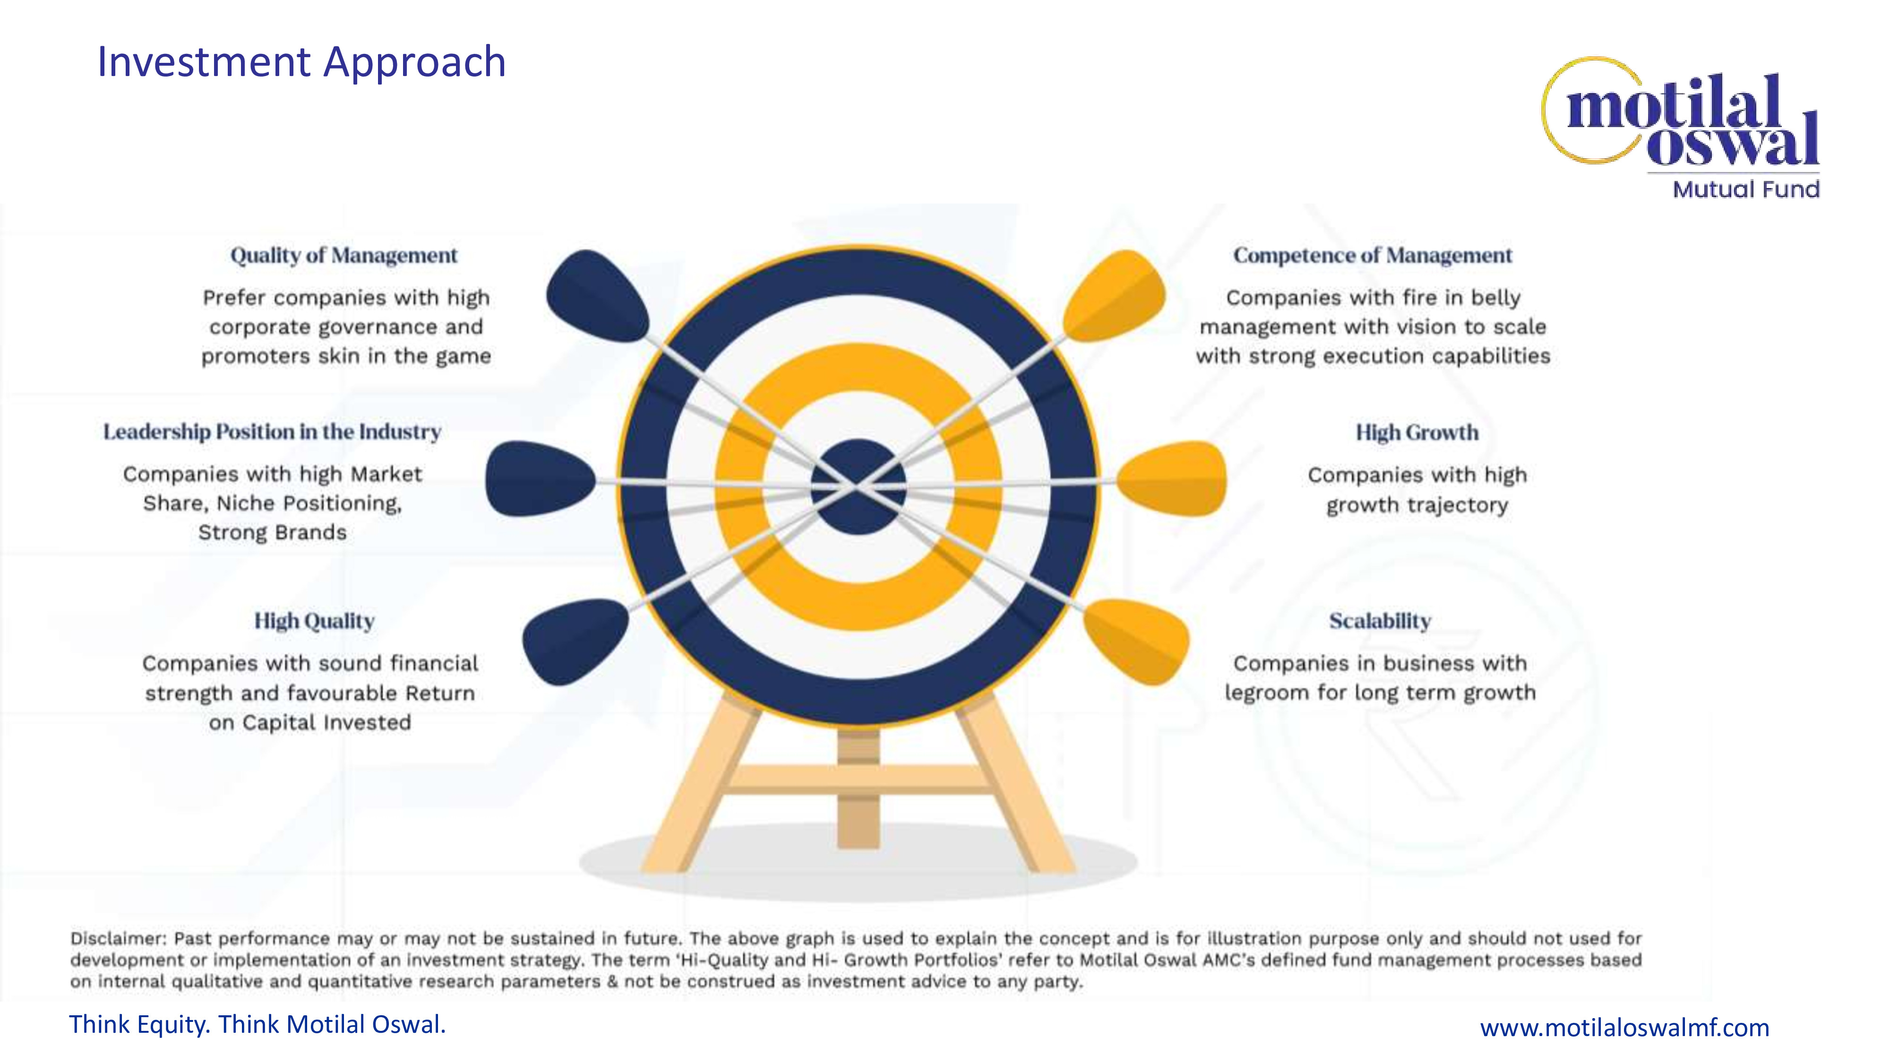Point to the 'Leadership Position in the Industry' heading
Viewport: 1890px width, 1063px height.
point(272,432)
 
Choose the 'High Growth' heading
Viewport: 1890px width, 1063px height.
point(1417,433)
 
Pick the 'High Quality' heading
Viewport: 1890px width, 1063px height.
point(314,621)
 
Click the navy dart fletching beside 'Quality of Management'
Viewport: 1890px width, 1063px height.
point(596,296)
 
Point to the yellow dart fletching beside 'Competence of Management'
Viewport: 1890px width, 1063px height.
point(1115,296)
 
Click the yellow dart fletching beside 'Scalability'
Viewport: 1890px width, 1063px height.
point(1136,641)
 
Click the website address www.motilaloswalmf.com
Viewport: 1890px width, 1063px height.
point(1624,1028)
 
